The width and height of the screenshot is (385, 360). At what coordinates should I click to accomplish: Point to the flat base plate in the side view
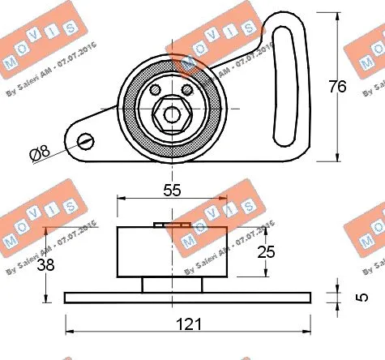[188, 298]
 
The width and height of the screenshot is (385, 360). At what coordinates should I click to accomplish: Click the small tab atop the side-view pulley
[171, 225]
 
